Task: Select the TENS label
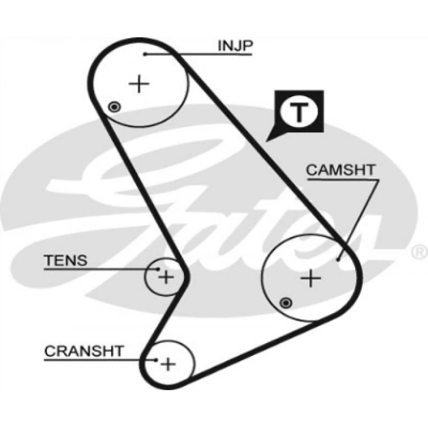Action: (x=65, y=260)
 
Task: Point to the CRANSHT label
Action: (x=84, y=352)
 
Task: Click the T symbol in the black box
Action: (x=298, y=112)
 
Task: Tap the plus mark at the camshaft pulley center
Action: (x=311, y=279)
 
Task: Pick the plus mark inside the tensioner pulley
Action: (x=166, y=276)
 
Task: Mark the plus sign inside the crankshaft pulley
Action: (x=168, y=364)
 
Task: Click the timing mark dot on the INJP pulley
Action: (x=113, y=108)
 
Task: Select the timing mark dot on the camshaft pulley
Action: (x=285, y=302)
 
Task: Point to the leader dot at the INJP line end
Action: (x=146, y=54)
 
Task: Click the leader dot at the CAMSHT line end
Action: (x=339, y=259)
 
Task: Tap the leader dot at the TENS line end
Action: (x=158, y=268)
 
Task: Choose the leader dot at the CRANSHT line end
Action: (x=157, y=360)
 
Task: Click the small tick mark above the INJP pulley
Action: (x=141, y=36)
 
